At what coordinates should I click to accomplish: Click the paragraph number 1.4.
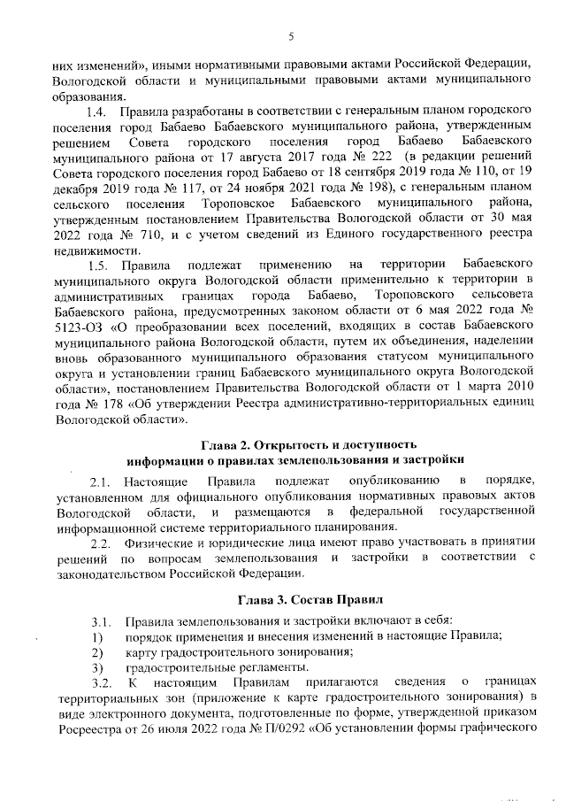pos(97,112)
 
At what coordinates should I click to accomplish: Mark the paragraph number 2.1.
pos(101,481)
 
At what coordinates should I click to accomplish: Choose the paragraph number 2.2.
pos(101,542)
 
